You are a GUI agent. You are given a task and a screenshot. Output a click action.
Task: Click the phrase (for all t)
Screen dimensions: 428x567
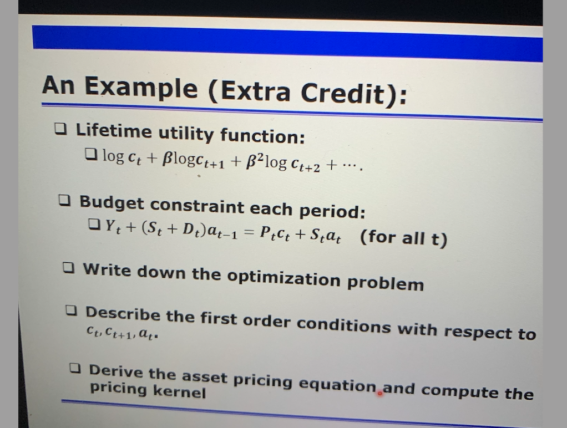403,239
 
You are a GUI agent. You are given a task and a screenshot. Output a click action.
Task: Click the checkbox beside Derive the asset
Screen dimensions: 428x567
76,368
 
